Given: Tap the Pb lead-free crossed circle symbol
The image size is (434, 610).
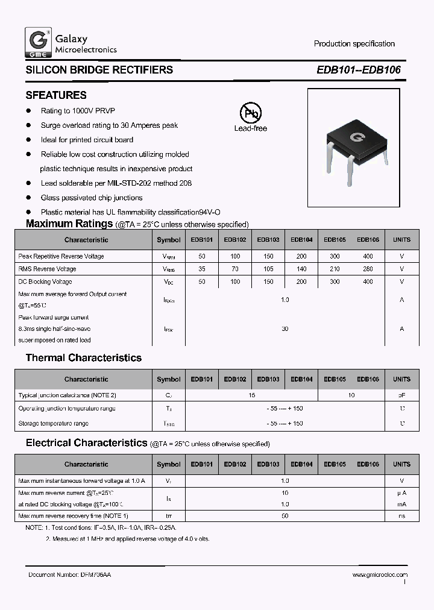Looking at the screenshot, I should tap(250, 113).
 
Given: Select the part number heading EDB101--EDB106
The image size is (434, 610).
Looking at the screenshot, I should tap(358, 70).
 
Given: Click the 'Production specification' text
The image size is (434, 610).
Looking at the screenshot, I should tap(354, 43).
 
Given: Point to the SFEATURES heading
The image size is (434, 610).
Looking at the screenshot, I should tap(56, 95).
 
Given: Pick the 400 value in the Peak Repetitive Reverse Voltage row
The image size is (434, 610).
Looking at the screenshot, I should tap(368, 256).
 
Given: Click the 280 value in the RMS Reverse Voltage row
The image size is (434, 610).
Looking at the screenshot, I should tap(368, 269).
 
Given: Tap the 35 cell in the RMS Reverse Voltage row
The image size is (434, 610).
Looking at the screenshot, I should tap(202, 269).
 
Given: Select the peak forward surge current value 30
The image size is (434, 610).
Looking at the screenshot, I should tap(285, 329).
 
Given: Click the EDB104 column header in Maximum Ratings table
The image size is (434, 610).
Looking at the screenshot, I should tap(301, 239).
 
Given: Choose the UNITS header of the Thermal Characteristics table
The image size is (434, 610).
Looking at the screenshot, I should tap(401, 379).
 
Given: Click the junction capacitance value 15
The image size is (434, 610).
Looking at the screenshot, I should tap(251, 395).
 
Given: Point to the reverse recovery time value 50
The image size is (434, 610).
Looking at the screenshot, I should tap(285, 516).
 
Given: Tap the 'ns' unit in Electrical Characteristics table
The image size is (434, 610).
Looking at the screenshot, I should tap(401, 516).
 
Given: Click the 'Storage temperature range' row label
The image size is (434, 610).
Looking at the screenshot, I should tap(54, 423).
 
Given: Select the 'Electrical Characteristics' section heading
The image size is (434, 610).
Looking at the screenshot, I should tap(86, 443).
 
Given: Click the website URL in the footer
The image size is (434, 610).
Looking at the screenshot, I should tap(379, 575).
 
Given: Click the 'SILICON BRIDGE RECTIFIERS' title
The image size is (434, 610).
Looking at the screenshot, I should tap(99, 70).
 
